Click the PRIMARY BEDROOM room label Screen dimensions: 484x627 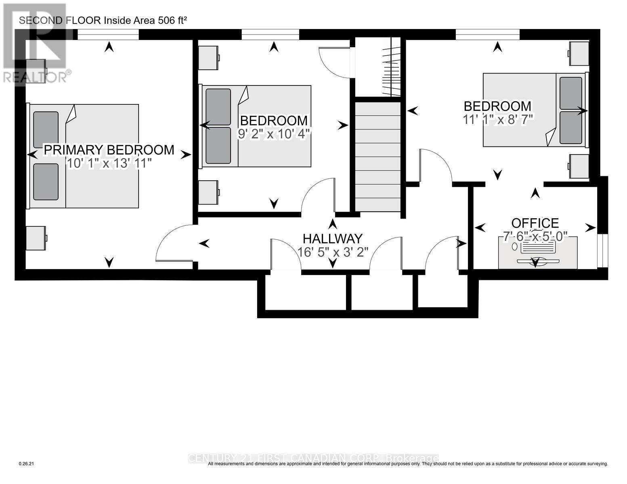(x=109, y=150)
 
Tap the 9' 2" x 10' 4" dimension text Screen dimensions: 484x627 (x=274, y=134)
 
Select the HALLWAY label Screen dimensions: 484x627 (x=333, y=238)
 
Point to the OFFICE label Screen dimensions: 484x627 (x=535, y=223)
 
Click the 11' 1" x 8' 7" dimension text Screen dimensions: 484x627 (x=497, y=119)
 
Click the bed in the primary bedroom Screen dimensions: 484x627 (x=84, y=156)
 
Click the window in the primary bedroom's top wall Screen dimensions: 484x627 (x=108, y=35)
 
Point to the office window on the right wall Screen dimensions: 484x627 (x=602, y=250)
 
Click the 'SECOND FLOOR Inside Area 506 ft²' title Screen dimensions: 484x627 (x=103, y=21)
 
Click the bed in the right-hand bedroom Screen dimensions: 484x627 (x=535, y=110)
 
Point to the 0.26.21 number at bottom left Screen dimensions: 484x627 (x=27, y=464)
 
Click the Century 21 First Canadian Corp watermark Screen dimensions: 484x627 (x=313, y=458)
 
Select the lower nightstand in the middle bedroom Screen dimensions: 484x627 (x=208, y=192)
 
